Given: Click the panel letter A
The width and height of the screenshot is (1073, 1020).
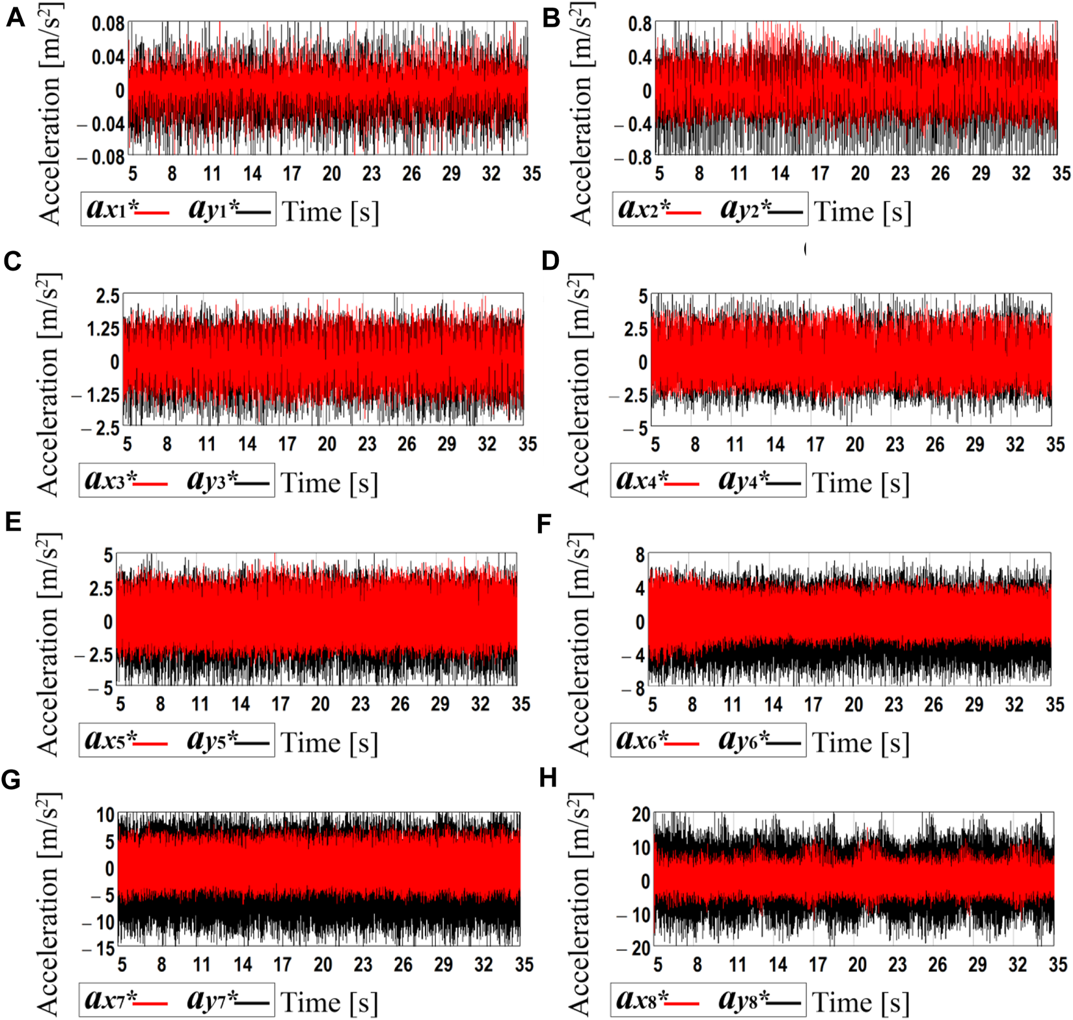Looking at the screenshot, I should tap(15, 18).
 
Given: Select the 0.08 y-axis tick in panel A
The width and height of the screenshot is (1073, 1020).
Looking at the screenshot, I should tap(107, 25).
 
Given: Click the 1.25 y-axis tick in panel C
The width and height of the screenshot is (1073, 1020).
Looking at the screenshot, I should tap(103, 329).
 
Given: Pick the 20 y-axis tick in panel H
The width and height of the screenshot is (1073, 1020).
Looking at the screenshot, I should tap(641, 814).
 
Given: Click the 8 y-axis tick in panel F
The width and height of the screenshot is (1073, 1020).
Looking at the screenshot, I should tap(640, 556).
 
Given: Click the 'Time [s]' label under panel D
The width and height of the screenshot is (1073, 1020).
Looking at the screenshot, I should tap(860, 483).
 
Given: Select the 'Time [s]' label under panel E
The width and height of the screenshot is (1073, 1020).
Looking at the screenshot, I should tap(329, 742).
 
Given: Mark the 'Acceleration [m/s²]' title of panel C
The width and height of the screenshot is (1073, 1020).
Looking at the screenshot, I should tap(48, 384).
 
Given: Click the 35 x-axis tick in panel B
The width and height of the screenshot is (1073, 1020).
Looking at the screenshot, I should tap(1061, 173).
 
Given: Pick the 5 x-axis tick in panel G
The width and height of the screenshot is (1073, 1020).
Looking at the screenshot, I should tap(122, 964).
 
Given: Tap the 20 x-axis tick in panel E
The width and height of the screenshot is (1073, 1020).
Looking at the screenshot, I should tap(320, 704).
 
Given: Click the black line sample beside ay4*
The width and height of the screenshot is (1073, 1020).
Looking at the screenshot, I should tap(786, 484).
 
